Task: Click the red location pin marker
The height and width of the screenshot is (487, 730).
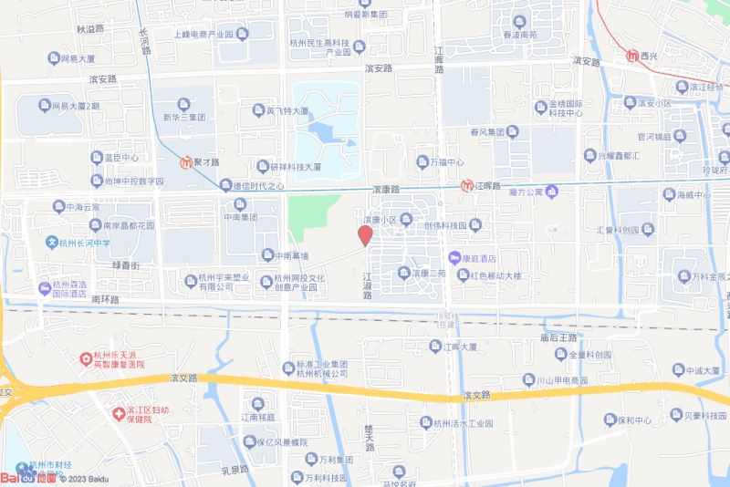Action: [x=365, y=235]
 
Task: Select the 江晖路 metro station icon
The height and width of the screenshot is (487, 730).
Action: [x=467, y=185]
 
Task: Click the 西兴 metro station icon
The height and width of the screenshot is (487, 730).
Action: [x=633, y=56]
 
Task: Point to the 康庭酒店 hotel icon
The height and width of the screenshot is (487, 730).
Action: [x=454, y=258]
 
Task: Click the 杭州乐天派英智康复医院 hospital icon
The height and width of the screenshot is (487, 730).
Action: [x=86, y=358]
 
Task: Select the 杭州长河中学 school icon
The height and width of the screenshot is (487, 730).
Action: [x=52, y=243]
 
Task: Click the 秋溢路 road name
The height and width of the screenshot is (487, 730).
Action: [x=90, y=29]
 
